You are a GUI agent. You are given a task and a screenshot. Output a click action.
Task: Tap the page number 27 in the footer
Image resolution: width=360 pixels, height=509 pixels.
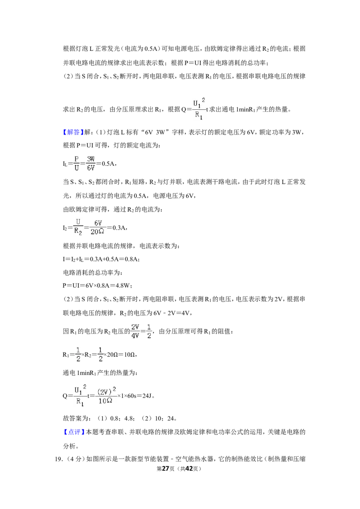coord(166,469)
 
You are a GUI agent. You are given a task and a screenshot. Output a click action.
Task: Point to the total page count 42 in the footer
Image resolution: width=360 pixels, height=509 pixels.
coord(189,469)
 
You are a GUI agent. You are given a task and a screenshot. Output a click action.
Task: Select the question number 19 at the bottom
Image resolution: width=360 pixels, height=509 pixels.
coord(59,459)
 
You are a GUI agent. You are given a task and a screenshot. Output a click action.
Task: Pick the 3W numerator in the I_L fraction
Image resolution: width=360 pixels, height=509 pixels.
coord(90,159)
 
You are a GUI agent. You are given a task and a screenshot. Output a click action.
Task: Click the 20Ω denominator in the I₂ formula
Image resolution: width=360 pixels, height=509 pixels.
coord(98,232)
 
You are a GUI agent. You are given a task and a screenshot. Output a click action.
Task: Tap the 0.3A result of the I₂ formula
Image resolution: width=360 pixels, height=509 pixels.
coord(119,228)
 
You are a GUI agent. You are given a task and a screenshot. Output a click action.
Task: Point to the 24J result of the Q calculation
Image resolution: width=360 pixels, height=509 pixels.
coord(147,396)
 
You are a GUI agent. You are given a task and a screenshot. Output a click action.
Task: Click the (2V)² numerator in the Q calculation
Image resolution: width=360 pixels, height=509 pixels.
coord(107,391)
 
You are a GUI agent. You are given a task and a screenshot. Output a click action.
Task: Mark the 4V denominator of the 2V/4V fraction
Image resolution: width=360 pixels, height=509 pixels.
coord(135,335)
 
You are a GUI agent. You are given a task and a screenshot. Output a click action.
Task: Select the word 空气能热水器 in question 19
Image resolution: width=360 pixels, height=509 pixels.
coord(194,459)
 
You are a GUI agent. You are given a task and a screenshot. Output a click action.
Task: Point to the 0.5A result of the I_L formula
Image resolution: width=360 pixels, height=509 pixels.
coord(108,164)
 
